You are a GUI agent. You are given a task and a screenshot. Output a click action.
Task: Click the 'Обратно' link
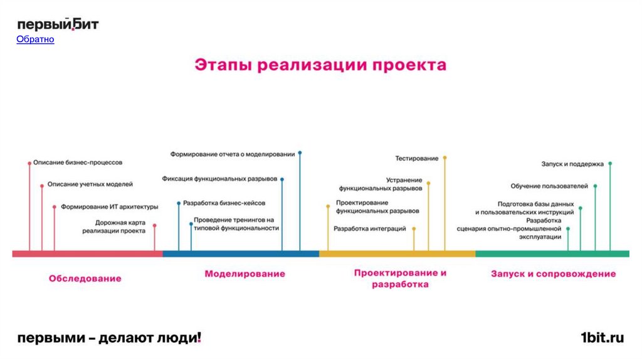[x=35, y=40]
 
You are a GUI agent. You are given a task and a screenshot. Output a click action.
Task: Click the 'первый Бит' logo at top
[x=57, y=24]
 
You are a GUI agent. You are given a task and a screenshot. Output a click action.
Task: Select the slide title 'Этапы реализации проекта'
[x=320, y=65]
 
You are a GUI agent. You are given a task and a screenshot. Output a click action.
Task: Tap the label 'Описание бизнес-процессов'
[x=78, y=162]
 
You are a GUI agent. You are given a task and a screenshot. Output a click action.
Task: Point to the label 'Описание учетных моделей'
[x=90, y=184]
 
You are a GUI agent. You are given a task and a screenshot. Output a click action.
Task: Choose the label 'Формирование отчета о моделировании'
[x=233, y=154]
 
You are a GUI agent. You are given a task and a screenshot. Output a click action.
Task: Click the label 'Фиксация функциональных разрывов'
[x=219, y=179]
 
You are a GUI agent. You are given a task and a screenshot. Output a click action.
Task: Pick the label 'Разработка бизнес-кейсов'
[x=224, y=203]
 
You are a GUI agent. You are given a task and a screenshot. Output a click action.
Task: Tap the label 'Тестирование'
[x=416, y=158]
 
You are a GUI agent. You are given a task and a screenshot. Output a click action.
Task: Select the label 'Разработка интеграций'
[x=370, y=229]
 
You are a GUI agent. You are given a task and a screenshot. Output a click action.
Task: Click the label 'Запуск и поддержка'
[x=572, y=164]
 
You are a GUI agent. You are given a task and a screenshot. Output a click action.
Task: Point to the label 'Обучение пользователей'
[x=549, y=186]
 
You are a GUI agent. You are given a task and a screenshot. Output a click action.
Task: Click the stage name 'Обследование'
[x=85, y=278]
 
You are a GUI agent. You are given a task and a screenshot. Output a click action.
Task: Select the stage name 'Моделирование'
[x=245, y=273]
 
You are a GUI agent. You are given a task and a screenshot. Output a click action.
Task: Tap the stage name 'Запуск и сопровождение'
[x=553, y=273]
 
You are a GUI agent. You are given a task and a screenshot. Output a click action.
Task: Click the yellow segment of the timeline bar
[x=397, y=253]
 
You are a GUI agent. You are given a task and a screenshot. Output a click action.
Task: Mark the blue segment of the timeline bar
[x=241, y=253]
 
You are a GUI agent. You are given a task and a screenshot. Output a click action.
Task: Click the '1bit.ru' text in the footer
[x=602, y=338]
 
